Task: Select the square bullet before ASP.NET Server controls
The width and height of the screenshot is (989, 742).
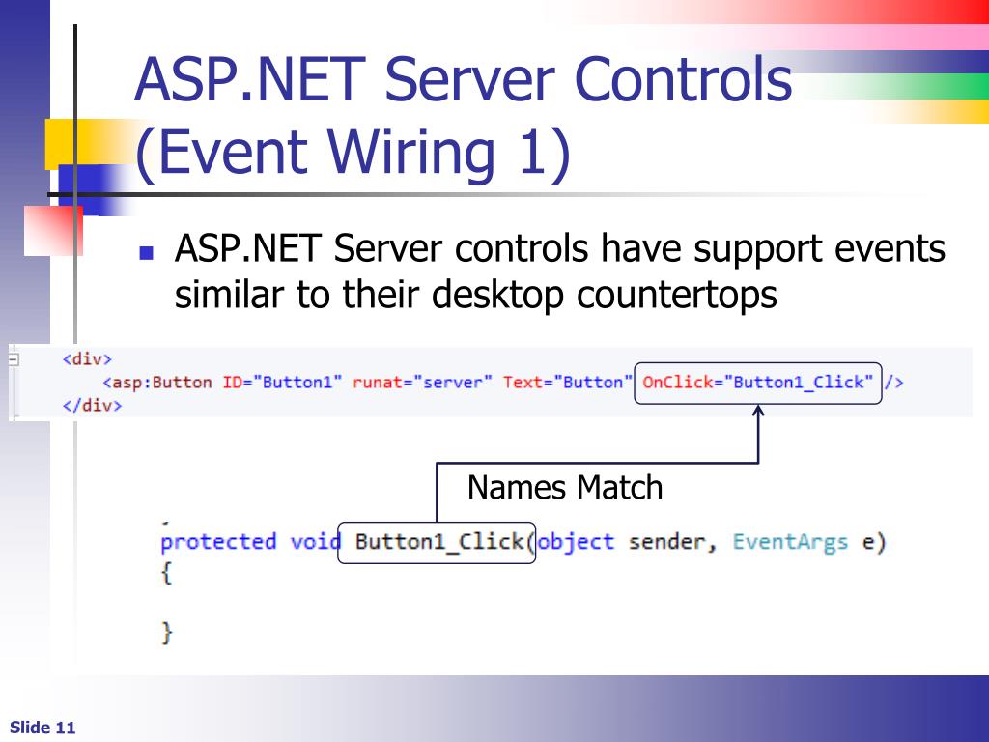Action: click(147, 255)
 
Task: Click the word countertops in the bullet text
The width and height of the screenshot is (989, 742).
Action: click(677, 295)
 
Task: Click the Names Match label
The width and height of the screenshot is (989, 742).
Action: click(565, 487)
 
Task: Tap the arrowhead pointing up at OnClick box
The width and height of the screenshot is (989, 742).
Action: click(759, 413)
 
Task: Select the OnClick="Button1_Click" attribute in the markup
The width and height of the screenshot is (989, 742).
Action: click(758, 382)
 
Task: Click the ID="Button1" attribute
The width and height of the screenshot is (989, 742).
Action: click(283, 382)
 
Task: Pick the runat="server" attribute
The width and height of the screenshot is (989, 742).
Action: click(423, 382)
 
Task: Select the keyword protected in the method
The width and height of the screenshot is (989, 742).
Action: click(218, 541)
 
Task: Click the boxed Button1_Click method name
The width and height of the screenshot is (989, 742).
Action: click(439, 541)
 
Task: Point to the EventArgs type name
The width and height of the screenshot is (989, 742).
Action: click(790, 541)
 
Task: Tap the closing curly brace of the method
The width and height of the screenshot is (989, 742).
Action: click(167, 633)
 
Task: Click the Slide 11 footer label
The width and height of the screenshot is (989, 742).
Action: click(42, 728)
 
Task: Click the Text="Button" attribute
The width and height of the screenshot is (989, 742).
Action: click(567, 382)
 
